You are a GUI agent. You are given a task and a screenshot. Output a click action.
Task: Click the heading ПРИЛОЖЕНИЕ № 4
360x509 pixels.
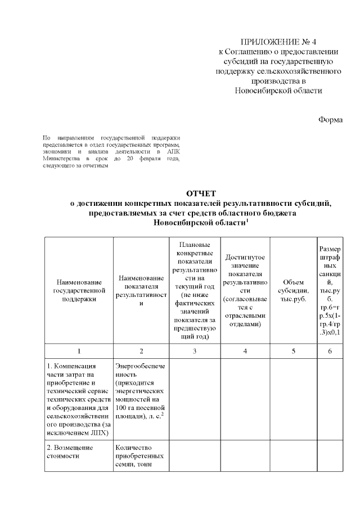279,42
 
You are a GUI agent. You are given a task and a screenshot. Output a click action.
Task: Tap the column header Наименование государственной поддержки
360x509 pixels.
79,290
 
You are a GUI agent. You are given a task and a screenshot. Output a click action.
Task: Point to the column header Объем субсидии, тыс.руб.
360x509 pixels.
293,290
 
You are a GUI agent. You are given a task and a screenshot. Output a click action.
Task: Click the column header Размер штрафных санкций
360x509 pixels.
330,290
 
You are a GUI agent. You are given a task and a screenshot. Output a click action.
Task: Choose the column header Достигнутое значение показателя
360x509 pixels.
245,290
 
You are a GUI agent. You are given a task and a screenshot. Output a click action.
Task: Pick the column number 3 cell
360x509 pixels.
194,352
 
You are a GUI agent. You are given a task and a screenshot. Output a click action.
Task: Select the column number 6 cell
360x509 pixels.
330,352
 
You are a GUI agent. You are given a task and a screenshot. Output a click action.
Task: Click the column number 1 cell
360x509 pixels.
79,352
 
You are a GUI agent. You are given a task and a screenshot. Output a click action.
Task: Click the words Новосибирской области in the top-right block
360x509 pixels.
279,90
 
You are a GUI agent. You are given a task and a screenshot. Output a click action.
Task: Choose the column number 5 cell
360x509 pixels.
293,352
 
